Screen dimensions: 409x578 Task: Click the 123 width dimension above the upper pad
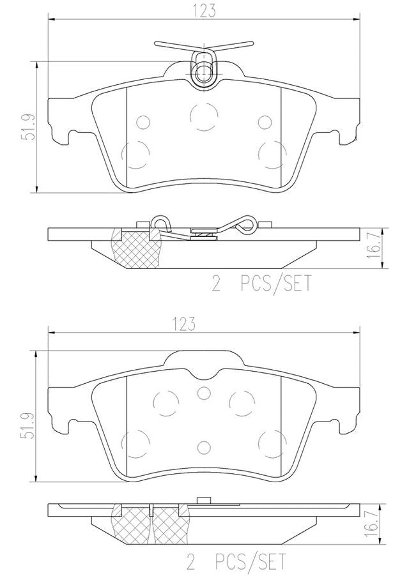click(204, 10)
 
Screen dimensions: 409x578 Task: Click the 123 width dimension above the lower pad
click(183, 324)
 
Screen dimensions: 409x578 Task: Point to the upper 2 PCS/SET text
click(261, 284)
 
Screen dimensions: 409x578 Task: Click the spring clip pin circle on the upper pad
click(202, 72)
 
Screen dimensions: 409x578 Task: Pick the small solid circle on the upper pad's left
click(143, 122)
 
